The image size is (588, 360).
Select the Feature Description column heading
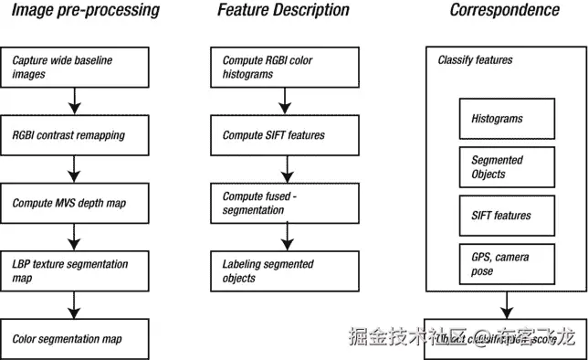point(283,11)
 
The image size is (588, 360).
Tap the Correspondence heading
point(504,11)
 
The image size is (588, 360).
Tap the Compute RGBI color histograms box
point(285,67)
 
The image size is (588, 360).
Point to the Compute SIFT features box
point(285,135)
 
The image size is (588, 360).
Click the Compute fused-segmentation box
point(285,203)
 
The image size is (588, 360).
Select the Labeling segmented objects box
point(285,270)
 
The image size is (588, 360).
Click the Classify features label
point(475,60)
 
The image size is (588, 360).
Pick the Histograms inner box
point(506,120)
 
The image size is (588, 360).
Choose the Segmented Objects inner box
point(506,167)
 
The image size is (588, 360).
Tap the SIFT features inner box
point(506,216)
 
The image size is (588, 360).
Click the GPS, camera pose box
point(506,263)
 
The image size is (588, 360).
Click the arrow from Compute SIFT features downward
point(287,168)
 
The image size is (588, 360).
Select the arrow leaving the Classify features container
point(506,305)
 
